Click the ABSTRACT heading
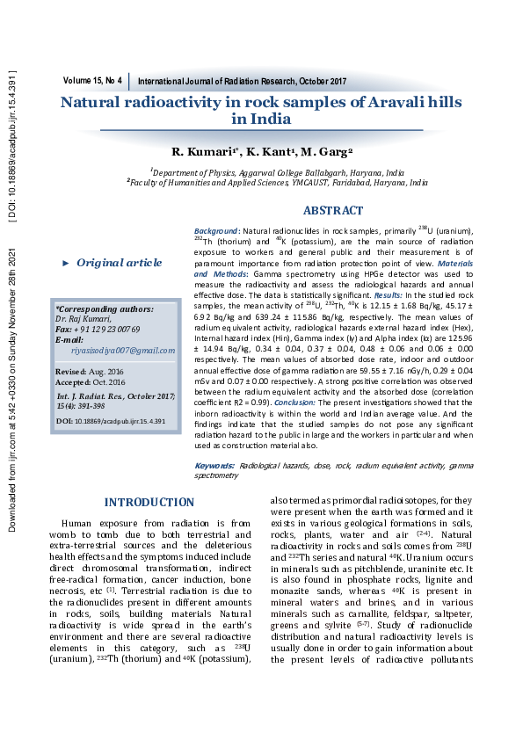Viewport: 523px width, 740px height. coord(332,211)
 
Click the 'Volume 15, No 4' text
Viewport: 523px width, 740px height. coord(92,80)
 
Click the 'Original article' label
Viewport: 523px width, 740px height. coord(120,263)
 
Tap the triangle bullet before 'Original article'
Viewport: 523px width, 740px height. coord(65,264)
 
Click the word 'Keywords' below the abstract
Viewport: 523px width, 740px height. coord(214,464)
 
